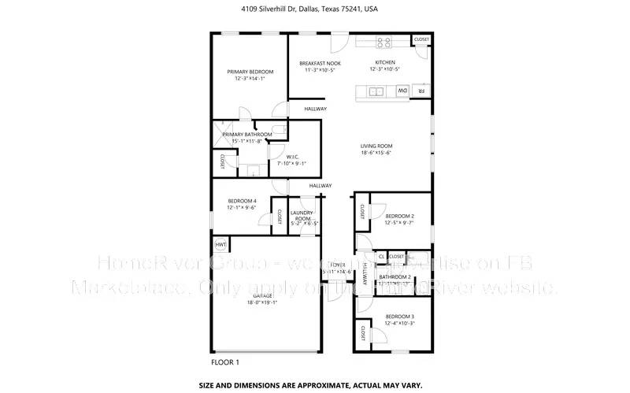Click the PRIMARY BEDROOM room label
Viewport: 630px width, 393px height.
pyautogui.click(x=245, y=71)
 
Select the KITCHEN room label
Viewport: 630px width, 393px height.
pyautogui.click(x=384, y=62)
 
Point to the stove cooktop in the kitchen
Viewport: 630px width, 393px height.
pyautogui.click(x=384, y=42)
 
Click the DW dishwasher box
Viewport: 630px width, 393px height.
pyautogui.click(x=402, y=92)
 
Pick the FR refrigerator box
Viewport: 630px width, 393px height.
pyautogui.click(x=421, y=92)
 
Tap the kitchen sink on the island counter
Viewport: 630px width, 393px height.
pyautogui.click(x=376, y=92)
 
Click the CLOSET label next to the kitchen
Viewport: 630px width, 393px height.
pyautogui.click(x=421, y=39)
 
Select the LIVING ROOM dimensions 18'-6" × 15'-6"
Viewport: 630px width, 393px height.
pyautogui.click(x=376, y=153)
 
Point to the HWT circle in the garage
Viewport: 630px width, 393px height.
pyautogui.click(x=221, y=246)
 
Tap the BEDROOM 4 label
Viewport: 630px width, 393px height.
pyautogui.click(x=243, y=201)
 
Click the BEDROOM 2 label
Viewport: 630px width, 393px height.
pyautogui.click(x=399, y=216)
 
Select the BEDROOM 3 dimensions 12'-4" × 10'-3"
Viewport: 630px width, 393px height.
pyautogui.click(x=399, y=324)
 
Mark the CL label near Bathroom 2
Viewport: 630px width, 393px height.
pyautogui.click(x=381, y=256)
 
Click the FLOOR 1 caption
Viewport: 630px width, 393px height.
pyautogui.click(x=225, y=362)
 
